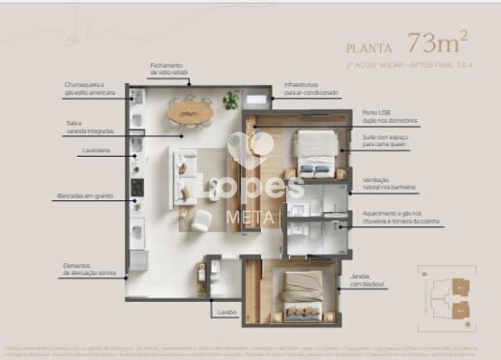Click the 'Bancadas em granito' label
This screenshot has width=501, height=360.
click(x=84, y=196)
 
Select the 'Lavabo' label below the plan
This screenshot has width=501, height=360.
click(x=225, y=313)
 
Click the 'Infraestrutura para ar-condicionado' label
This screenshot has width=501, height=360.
click(x=310, y=89)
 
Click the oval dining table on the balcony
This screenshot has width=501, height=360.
click(x=183, y=111)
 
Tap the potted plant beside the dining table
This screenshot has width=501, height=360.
click(x=230, y=99)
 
